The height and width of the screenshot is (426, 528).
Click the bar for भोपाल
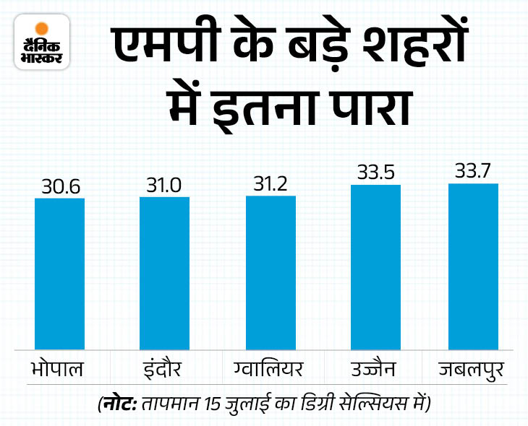[x=60, y=274]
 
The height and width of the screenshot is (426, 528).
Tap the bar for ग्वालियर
[x=271, y=273]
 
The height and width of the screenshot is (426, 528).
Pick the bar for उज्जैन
[x=375, y=268]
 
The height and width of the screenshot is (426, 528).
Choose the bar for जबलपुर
[x=473, y=267]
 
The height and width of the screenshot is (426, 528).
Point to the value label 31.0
[x=164, y=185]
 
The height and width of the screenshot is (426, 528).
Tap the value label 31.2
[x=271, y=183]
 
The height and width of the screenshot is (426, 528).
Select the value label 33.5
[x=375, y=173]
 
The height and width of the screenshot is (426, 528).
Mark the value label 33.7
[x=473, y=172]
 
